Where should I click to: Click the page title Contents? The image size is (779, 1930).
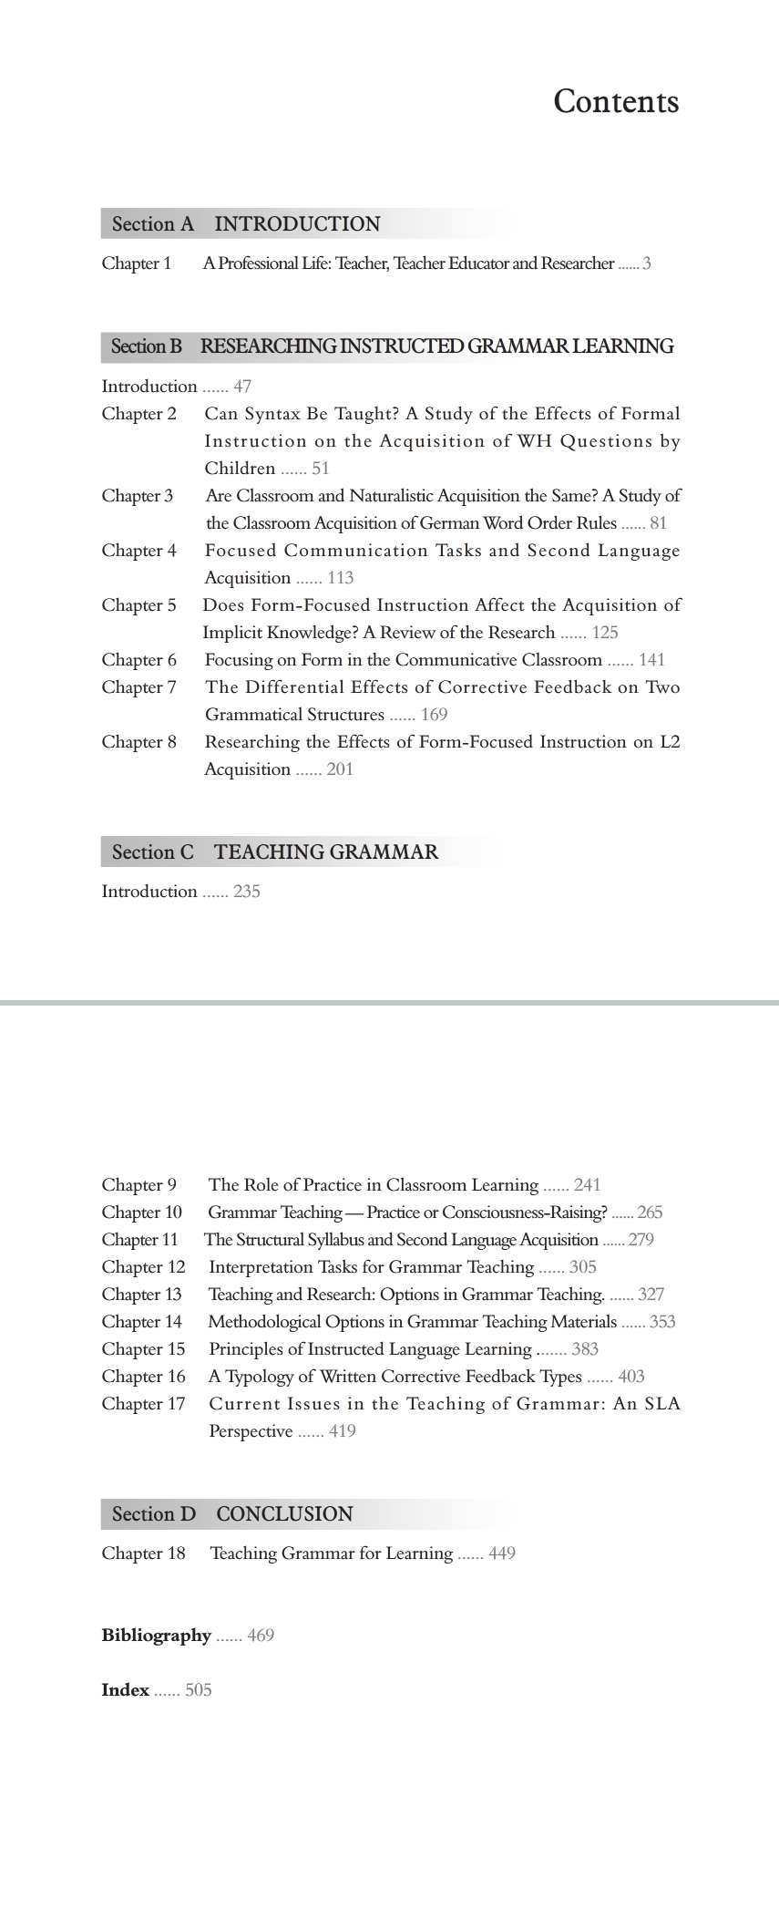(616, 101)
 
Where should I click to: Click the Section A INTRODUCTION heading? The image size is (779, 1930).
(246, 224)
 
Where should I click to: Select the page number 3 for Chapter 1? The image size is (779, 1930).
(647, 264)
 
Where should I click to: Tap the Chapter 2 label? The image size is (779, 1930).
(139, 414)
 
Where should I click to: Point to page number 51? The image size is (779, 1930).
(320, 469)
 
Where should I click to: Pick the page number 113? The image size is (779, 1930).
(340, 578)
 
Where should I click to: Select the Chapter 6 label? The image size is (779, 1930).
(139, 660)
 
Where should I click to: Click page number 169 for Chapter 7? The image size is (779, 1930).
(434, 715)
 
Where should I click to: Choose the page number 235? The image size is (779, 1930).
(247, 892)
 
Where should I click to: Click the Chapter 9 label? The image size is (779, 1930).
(139, 1185)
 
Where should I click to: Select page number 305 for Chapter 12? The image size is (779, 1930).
(583, 1267)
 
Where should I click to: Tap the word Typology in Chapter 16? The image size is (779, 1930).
(261, 1377)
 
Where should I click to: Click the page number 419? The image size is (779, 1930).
(343, 1431)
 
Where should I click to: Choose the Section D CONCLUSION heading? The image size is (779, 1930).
(232, 1514)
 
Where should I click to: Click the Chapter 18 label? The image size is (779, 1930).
(143, 1553)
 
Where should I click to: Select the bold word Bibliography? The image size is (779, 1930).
(156, 1636)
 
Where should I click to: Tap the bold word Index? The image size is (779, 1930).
(125, 1690)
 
